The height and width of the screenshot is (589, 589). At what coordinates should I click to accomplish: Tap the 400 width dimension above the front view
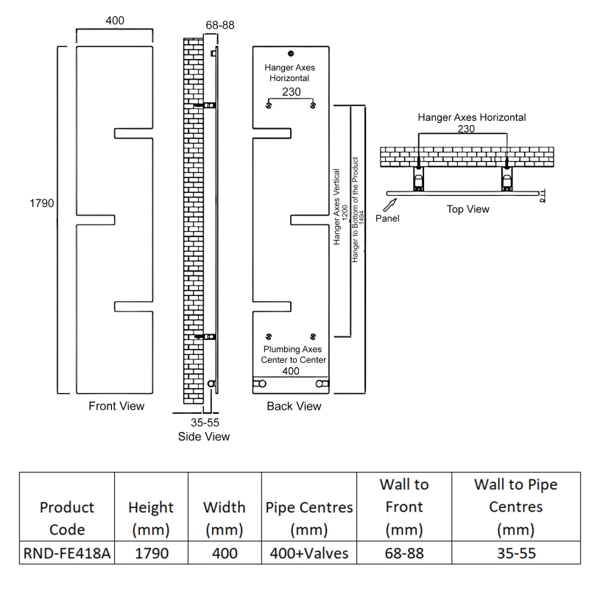pos(115,21)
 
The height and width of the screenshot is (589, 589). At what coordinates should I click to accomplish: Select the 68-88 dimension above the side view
pos(220,25)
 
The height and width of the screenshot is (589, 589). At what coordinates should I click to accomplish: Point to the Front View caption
pos(116,406)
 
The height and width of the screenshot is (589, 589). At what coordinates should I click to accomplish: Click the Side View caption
pos(204,437)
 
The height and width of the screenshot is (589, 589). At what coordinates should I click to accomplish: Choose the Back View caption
pos(293,406)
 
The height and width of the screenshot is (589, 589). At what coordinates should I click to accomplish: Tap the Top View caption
pos(468,209)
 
